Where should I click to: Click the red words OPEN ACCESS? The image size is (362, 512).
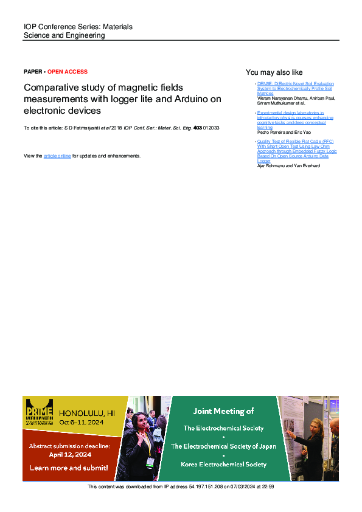click(x=68, y=72)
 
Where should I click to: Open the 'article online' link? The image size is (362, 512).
click(x=57, y=156)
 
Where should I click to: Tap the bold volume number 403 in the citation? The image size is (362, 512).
click(x=197, y=128)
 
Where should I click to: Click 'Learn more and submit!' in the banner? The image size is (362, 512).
click(x=69, y=468)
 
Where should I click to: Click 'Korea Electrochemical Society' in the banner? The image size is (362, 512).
click(x=223, y=464)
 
